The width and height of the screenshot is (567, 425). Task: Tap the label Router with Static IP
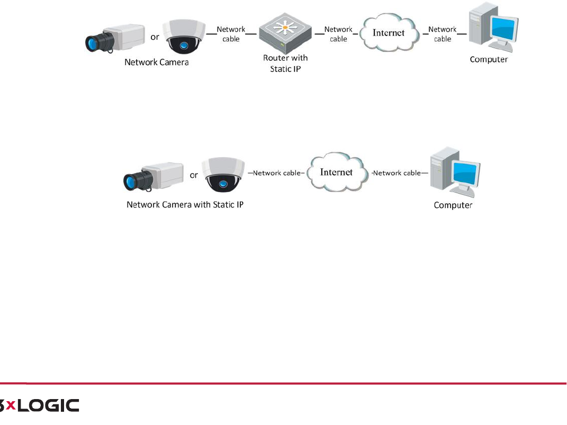pos(285,64)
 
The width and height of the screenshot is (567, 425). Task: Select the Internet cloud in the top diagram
pos(389,33)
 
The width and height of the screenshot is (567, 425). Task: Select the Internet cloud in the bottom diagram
pos(337,173)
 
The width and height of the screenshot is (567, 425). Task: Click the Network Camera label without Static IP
pos(156,62)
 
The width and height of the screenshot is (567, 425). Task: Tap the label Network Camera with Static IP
pos(185,204)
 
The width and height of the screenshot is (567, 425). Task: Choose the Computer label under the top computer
pos(489,60)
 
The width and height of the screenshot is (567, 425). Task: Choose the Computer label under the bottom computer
pos(453,205)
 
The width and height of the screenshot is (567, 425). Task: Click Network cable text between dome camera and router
pos(231,34)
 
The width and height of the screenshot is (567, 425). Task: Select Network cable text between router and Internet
pos(338,34)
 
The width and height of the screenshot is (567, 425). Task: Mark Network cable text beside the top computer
pos(443,34)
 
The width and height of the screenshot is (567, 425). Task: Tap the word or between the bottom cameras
pos(194,175)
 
